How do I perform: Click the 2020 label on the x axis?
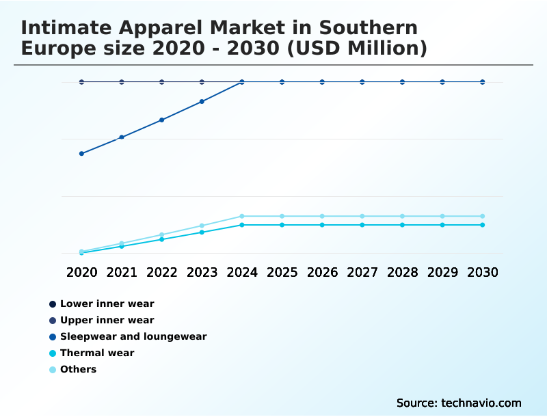click(x=81, y=272)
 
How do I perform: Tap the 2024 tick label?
click(x=242, y=272)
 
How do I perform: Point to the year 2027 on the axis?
click(x=362, y=272)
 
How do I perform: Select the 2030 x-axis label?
click(x=483, y=272)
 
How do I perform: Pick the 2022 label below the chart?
click(x=162, y=272)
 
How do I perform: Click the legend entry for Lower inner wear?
click(x=107, y=304)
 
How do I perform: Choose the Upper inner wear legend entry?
click(x=107, y=320)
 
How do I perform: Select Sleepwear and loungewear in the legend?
click(x=133, y=336)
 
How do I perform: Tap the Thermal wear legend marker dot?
click(x=53, y=353)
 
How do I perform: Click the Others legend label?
click(x=78, y=369)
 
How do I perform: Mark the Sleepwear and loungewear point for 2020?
click(x=81, y=153)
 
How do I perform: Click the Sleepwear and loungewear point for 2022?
click(x=162, y=120)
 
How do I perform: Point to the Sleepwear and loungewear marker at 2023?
click(x=202, y=101)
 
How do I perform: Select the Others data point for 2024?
click(x=242, y=216)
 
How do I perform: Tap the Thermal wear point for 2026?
click(x=322, y=225)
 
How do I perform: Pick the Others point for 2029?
click(x=442, y=216)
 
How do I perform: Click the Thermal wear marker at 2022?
click(x=162, y=239)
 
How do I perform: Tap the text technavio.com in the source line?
click(x=479, y=403)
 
